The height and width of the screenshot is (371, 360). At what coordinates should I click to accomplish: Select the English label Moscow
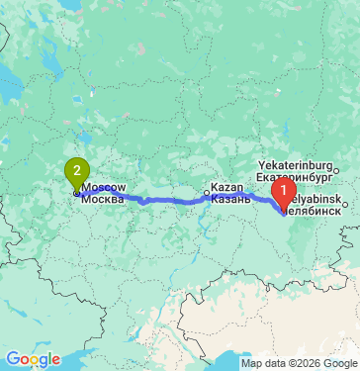click(103, 187)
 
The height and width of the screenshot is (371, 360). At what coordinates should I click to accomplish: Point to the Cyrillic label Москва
click(103, 198)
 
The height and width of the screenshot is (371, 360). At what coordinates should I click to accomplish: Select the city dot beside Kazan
click(207, 193)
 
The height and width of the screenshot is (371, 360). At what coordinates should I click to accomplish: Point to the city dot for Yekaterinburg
click(335, 171)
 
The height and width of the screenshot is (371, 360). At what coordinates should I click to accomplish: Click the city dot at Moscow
click(76, 193)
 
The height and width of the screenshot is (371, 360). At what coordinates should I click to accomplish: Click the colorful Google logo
click(33, 359)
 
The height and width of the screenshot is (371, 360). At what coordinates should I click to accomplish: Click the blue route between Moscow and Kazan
click(148, 201)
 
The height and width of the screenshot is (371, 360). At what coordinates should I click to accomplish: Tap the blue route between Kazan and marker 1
click(247, 195)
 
